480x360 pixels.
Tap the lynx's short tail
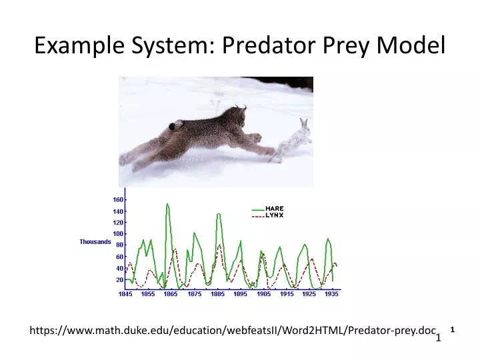click(176, 125)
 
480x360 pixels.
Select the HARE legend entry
click(274, 208)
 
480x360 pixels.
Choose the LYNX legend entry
click(274, 215)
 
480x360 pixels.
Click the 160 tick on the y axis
click(117, 199)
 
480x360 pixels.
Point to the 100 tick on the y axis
click(117, 234)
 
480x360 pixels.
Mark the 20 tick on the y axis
click(118, 280)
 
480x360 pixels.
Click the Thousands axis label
click(95, 242)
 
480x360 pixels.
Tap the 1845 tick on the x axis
click(126, 294)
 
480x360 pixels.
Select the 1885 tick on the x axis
click(217, 294)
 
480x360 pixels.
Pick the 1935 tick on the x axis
click(331, 294)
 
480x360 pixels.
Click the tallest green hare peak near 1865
click(167, 204)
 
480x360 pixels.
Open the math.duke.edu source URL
click(233, 331)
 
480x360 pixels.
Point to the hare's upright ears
click(304, 124)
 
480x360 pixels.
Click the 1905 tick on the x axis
click(263, 294)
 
